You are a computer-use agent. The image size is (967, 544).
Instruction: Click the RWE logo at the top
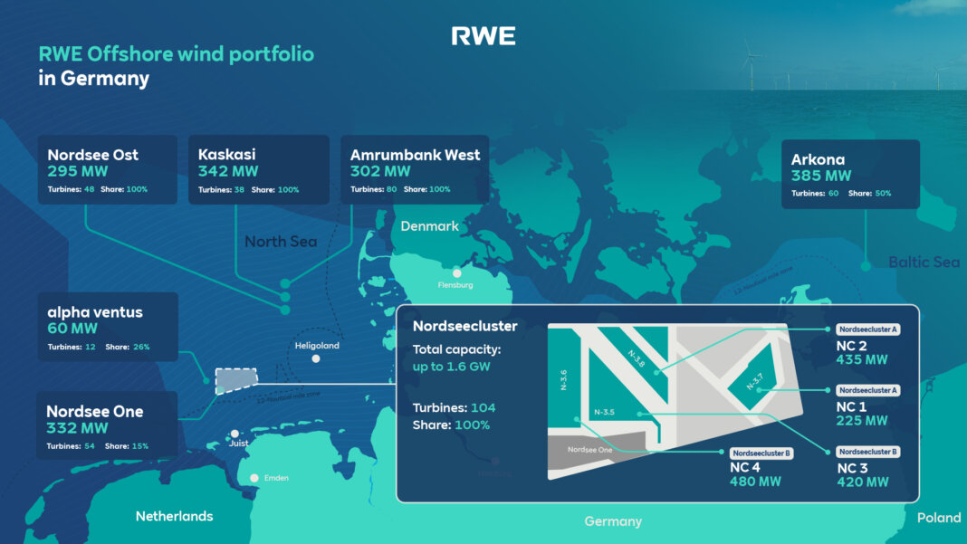click(x=483, y=36)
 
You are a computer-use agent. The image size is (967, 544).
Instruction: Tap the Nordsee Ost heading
click(x=93, y=155)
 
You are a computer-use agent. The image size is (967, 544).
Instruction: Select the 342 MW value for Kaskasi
click(x=228, y=171)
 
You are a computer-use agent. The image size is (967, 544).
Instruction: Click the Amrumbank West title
click(x=415, y=155)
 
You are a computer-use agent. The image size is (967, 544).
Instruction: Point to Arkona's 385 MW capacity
click(x=821, y=176)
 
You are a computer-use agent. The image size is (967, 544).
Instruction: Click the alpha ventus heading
click(x=95, y=312)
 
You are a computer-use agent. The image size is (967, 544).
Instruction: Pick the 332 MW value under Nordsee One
click(x=77, y=428)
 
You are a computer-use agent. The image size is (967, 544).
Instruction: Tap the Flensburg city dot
click(x=457, y=272)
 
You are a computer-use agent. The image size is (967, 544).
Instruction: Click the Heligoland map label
click(x=317, y=346)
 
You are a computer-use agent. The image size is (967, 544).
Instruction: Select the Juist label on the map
click(x=238, y=444)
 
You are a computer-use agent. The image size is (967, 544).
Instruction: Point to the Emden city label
click(x=275, y=478)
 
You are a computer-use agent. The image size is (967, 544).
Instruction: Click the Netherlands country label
click(x=174, y=516)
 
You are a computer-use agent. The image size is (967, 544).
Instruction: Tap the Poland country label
click(x=938, y=518)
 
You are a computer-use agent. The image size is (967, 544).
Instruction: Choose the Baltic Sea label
click(x=924, y=262)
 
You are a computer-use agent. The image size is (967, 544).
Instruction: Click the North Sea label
click(x=280, y=242)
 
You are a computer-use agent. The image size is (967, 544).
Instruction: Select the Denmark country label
click(x=430, y=226)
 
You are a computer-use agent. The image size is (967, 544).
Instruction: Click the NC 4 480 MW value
click(x=755, y=482)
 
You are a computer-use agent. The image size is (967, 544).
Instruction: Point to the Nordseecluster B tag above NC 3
click(x=868, y=451)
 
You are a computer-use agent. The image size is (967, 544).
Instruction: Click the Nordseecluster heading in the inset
click(x=464, y=326)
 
